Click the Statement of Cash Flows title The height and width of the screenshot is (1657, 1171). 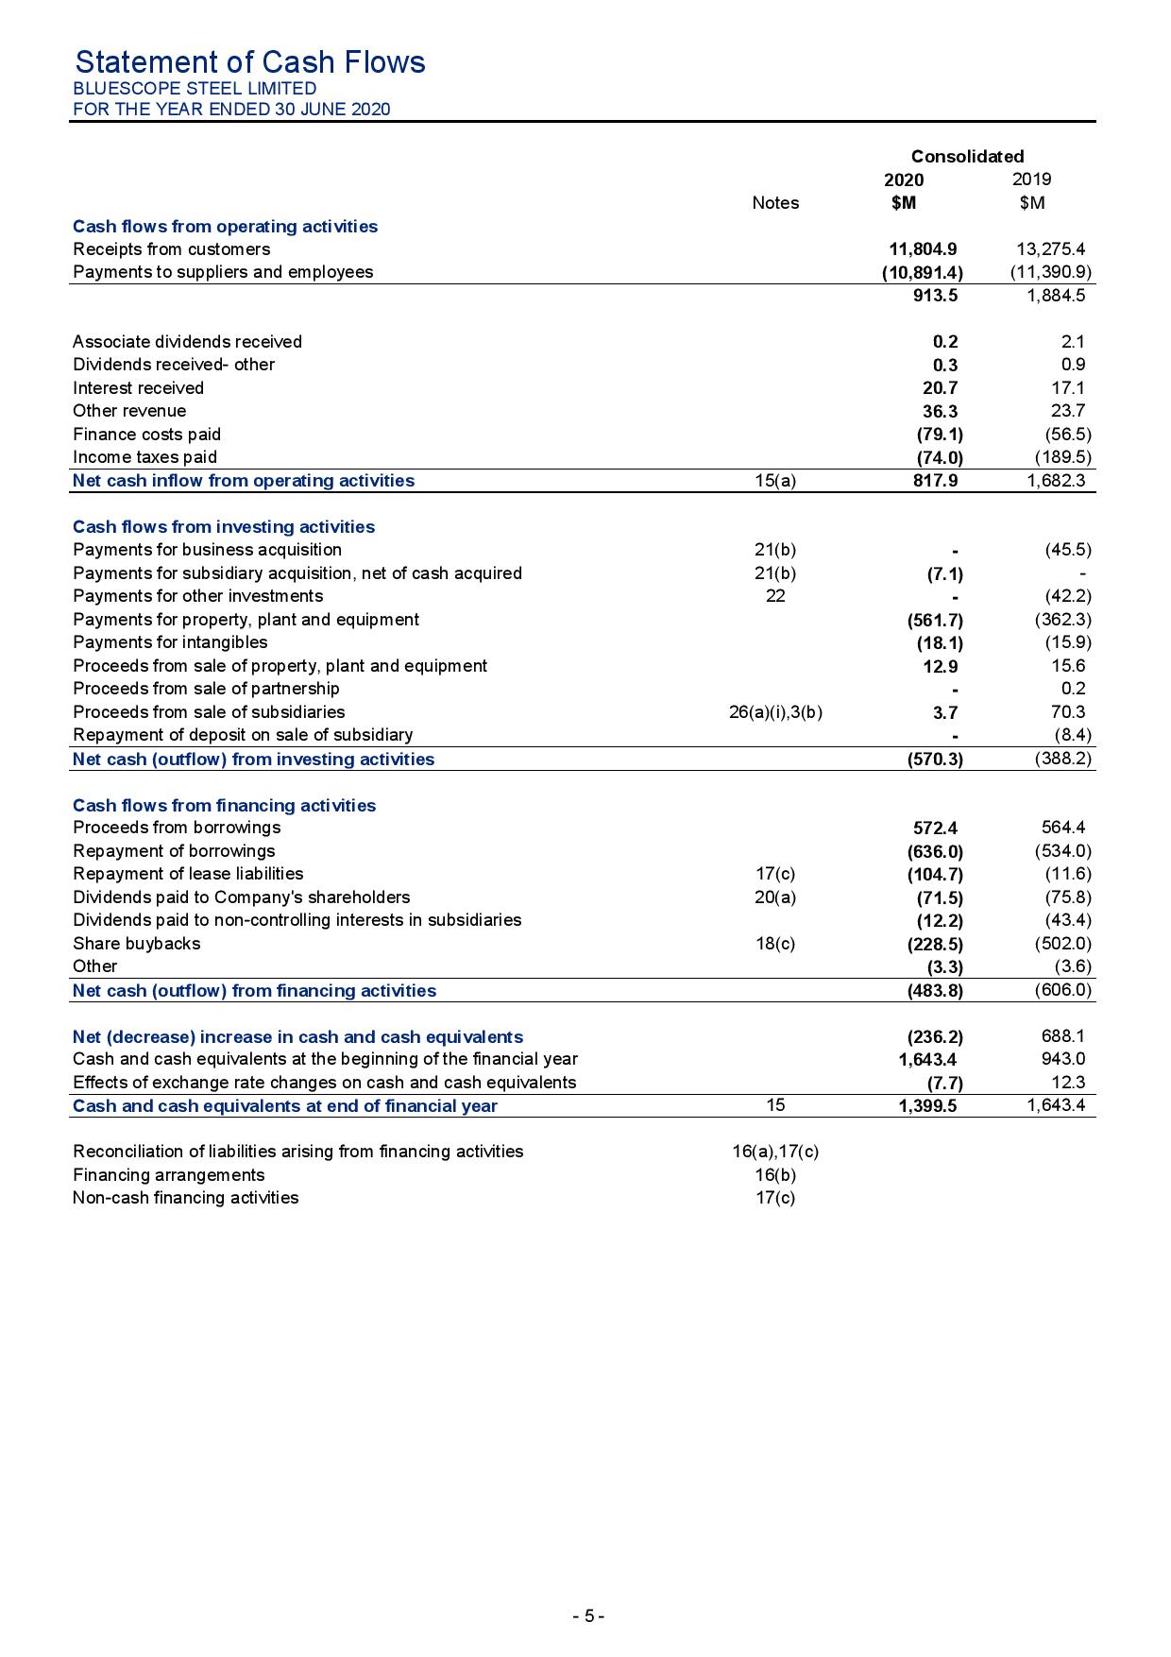coord(249,62)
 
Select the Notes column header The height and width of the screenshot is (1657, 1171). coord(775,203)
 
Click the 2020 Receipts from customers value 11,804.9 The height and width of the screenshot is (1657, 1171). coord(923,249)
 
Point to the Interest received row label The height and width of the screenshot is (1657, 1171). coord(138,388)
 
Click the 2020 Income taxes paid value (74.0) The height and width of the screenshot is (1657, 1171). coord(940,457)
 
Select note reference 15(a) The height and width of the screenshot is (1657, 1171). coord(775,481)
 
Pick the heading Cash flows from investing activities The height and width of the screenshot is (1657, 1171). coord(224,527)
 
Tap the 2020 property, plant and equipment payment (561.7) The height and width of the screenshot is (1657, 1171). coord(934,621)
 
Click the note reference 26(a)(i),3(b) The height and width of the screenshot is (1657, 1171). coord(775,712)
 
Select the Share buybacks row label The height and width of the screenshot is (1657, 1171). coord(137,944)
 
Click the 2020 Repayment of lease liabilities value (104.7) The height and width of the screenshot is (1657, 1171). coord(934,875)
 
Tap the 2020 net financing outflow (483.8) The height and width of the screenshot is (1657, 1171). coord(934,991)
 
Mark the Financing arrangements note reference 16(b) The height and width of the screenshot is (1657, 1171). coord(775,1175)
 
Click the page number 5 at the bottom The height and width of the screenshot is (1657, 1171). coord(587,1616)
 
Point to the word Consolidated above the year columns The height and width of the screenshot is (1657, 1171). coord(967,157)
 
